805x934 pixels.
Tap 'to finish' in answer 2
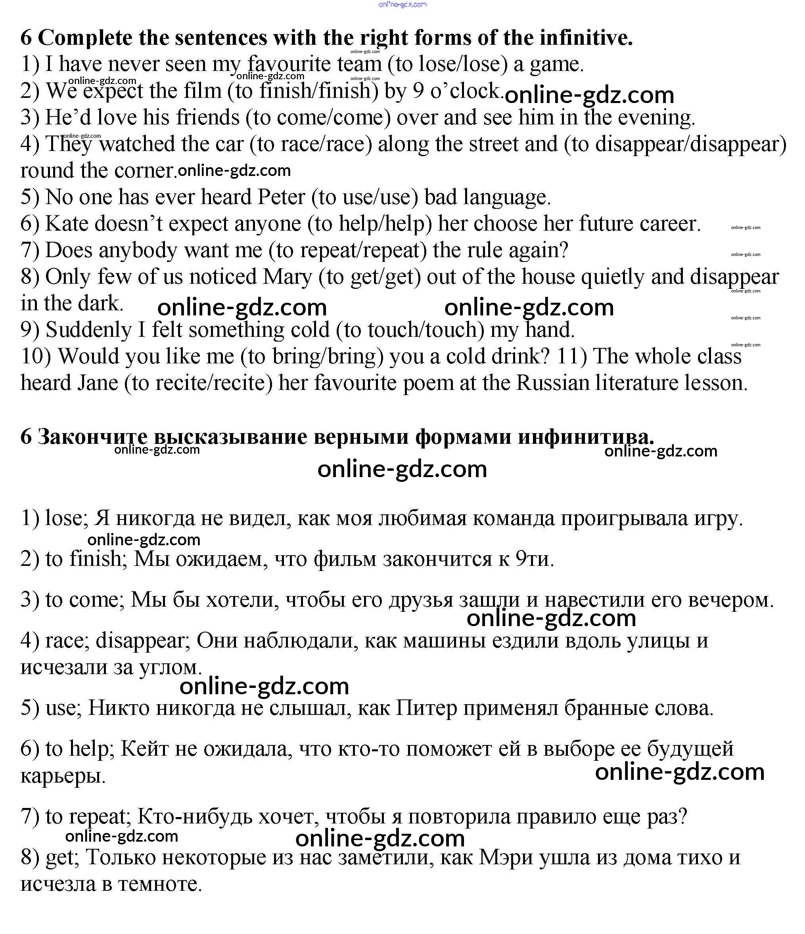coord(83,559)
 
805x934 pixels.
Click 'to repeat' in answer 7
coord(85,816)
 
